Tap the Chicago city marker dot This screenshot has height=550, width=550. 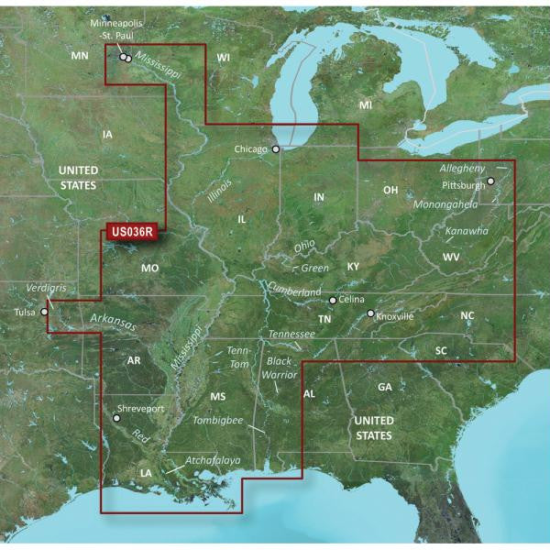[276, 148]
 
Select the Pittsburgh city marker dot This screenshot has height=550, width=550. [490, 181]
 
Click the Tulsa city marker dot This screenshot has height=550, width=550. [44, 313]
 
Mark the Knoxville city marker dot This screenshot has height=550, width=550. [370, 314]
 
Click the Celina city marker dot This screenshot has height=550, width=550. [333, 300]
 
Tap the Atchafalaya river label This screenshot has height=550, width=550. [214, 459]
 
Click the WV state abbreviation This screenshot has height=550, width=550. [451, 258]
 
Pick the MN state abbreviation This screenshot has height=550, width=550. [80, 57]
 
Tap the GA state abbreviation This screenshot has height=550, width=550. [385, 388]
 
